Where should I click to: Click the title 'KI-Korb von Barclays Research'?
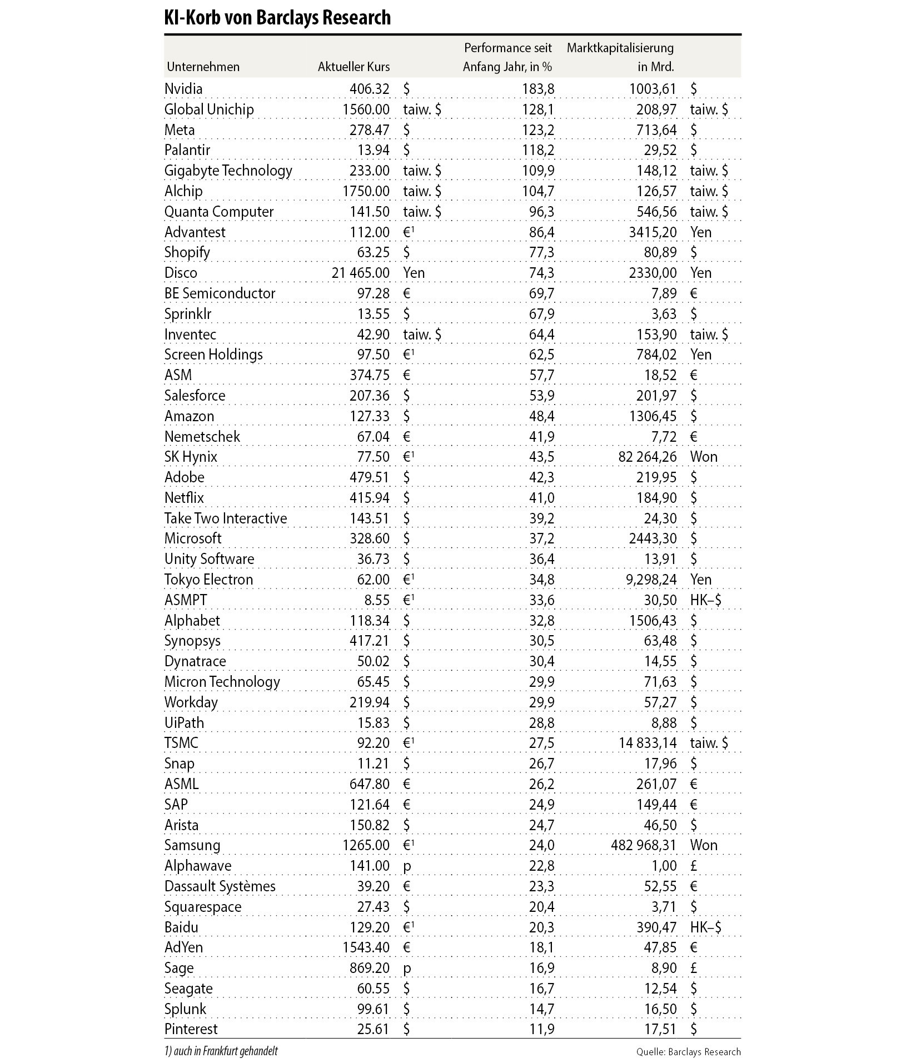click(277, 18)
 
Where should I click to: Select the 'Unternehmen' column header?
click(203, 67)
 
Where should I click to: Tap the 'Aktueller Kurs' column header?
click(354, 67)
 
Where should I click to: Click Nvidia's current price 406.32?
click(370, 89)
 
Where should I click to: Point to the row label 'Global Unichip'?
click(209, 109)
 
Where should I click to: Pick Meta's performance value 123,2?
click(538, 130)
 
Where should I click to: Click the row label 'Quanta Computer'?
click(219, 212)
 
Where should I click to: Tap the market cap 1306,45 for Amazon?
click(653, 416)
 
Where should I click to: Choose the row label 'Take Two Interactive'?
click(226, 518)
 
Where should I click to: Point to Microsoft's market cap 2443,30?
click(653, 538)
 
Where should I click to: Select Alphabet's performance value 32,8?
click(541, 621)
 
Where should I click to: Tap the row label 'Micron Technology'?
click(222, 682)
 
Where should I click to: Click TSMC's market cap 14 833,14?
click(643, 743)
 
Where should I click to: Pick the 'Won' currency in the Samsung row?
click(704, 845)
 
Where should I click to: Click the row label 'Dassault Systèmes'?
click(220, 886)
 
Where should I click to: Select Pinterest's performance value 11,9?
click(541, 1029)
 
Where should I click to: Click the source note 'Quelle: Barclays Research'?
click(689, 1051)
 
